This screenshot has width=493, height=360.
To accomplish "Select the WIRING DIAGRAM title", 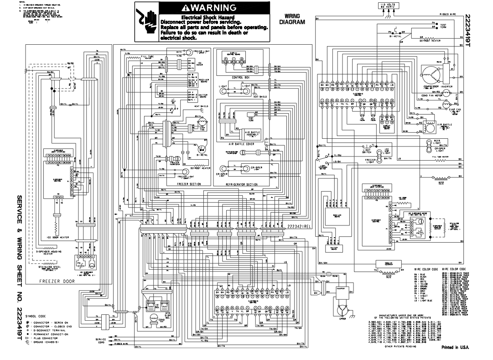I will coord(292,19).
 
